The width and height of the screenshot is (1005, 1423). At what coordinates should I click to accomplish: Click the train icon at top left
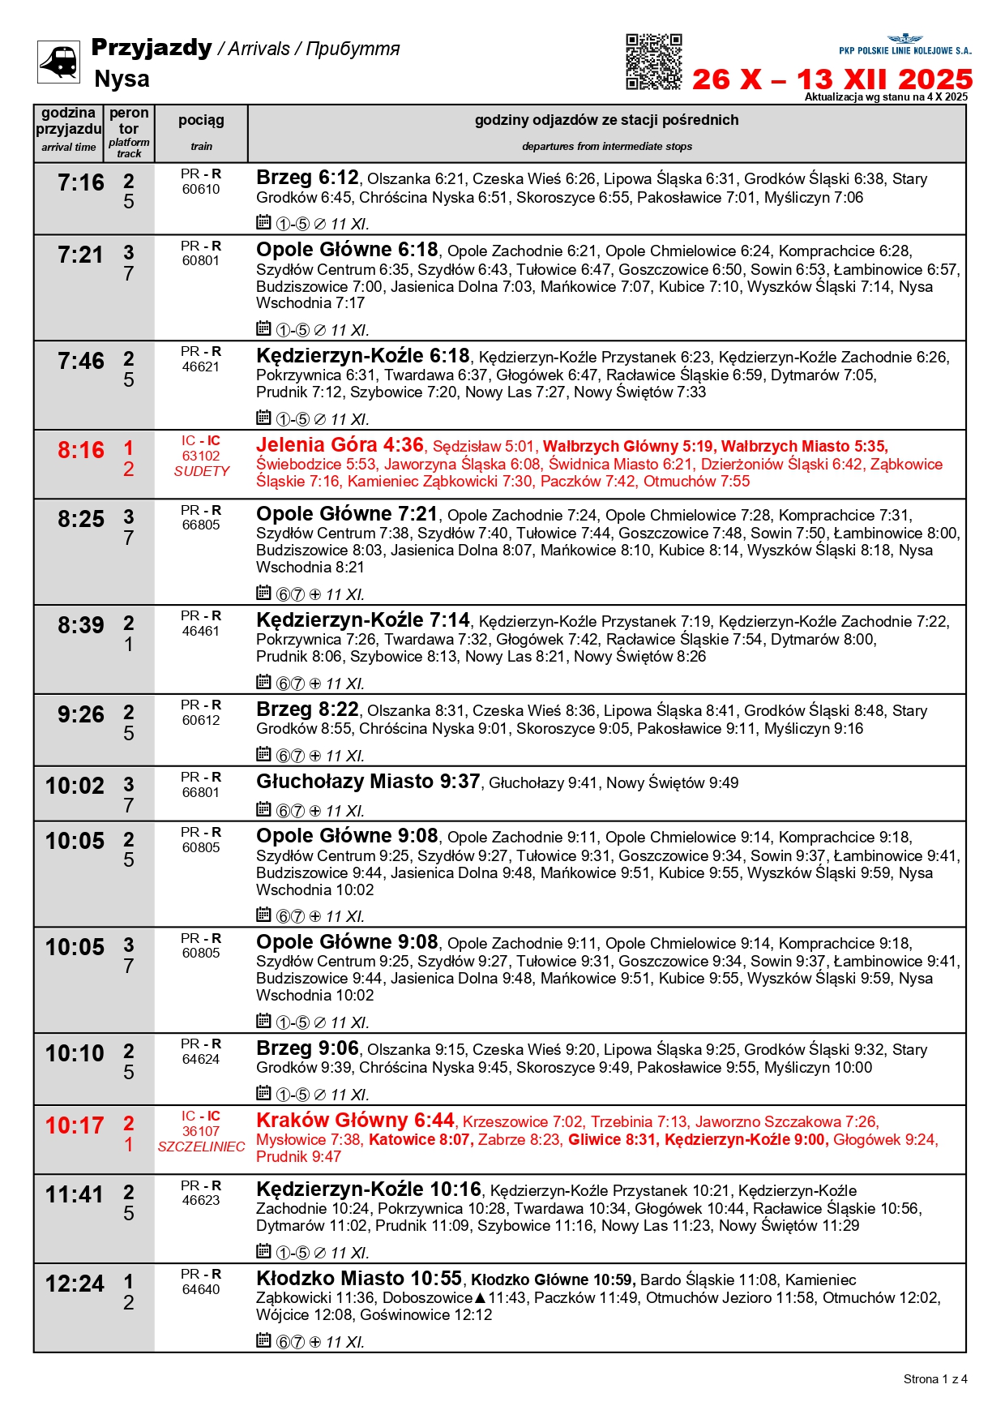(58, 62)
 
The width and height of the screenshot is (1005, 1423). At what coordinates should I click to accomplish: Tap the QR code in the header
(653, 62)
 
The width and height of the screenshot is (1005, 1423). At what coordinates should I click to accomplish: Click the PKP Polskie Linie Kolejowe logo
(904, 45)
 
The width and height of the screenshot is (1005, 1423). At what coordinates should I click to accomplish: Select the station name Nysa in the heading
(122, 79)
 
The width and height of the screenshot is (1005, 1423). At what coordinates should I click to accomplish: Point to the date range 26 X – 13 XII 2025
(832, 79)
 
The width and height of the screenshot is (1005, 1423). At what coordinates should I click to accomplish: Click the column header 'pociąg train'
(201, 132)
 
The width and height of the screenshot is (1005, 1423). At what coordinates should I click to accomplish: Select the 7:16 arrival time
(80, 183)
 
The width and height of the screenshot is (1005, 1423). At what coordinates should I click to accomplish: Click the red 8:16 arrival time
(80, 451)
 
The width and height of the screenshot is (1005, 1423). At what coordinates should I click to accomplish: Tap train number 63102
(201, 456)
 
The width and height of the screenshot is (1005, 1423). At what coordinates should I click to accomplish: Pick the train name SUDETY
(201, 471)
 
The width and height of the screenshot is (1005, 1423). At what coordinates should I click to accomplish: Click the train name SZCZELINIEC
(201, 1147)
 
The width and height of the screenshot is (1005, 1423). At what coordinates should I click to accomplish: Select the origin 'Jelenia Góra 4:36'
(340, 445)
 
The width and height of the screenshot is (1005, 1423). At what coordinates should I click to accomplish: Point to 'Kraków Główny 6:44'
(355, 1121)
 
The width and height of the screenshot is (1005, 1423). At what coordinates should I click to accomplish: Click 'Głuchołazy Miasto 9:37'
(368, 782)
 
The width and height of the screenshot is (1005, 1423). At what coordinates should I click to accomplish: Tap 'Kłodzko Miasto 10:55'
(359, 1279)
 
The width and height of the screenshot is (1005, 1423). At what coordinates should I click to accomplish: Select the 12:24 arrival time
(75, 1284)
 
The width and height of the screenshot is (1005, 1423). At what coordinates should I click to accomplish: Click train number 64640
(201, 1289)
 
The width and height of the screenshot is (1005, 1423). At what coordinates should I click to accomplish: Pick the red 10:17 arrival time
(75, 1126)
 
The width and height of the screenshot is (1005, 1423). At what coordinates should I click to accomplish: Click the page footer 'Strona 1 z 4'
(934, 1379)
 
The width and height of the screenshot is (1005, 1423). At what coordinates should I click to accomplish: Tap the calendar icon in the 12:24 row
(263, 1340)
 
